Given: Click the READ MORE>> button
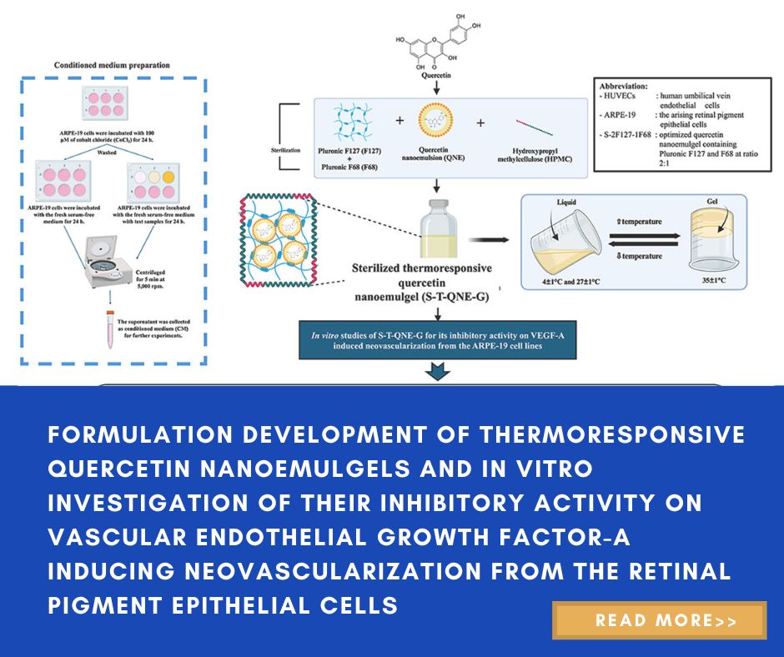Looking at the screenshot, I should pyautogui.click(x=659, y=620).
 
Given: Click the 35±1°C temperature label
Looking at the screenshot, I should pyautogui.click(x=710, y=281).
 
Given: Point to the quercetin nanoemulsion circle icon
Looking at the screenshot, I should pyautogui.click(x=435, y=123).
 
